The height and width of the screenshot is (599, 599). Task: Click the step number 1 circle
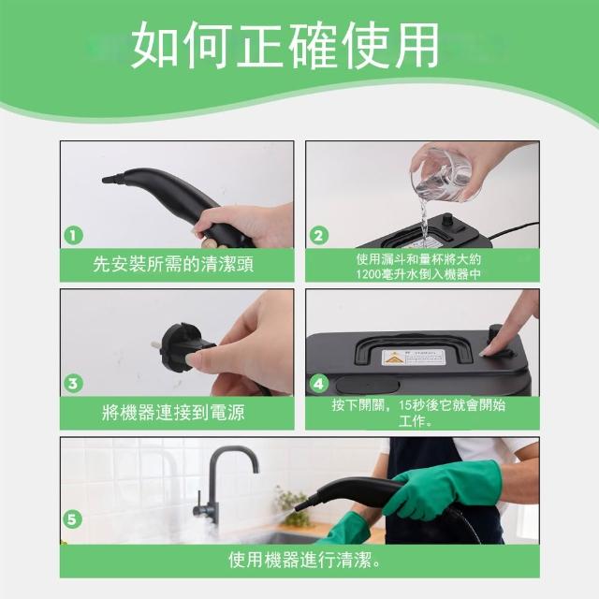point(73,235)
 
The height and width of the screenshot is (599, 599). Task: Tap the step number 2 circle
point(318,236)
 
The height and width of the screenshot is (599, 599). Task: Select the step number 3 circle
point(73,384)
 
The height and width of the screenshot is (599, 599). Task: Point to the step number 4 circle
point(318,384)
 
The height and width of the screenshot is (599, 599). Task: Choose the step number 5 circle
point(72,519)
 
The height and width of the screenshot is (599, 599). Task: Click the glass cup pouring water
point(441,174)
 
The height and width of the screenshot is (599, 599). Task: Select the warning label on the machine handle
point(414,358)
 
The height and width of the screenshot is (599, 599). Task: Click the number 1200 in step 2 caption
point(369,274)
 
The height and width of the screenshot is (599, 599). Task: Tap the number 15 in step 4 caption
point(405,405)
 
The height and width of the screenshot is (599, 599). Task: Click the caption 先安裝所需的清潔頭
point(173,264)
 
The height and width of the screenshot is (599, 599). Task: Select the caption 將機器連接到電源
point(173,413)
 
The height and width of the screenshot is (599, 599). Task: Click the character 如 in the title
point(154,45)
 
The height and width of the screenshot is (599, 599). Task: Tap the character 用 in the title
point(416,45)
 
